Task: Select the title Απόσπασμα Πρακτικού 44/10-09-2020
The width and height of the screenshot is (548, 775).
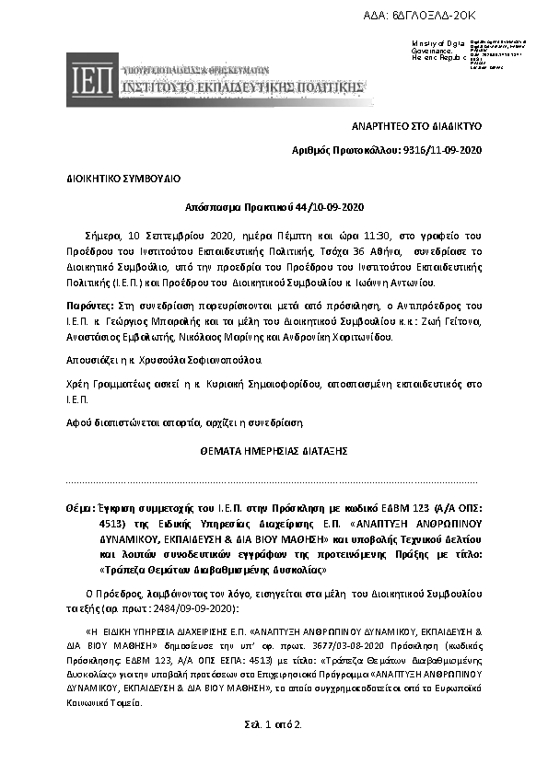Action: tap(274, 207)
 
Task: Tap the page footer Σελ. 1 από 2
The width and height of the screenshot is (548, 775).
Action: tap(274, 724)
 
